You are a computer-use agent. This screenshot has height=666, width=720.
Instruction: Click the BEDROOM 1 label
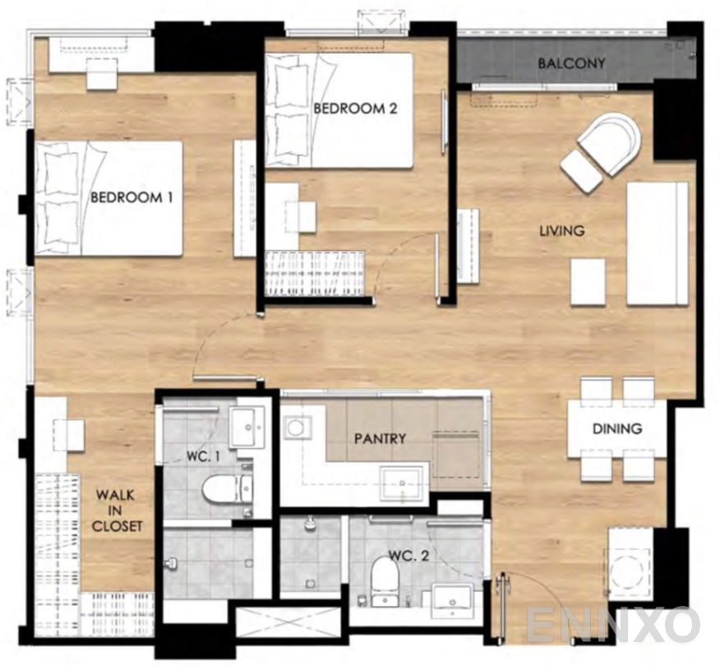(132, 197)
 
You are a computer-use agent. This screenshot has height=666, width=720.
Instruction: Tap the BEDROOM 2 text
(355, 109)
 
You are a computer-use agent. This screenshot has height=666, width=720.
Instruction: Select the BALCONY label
(571, 63)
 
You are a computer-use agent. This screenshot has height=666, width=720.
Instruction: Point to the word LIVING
(561, 230)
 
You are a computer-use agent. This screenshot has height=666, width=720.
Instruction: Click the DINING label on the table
(617, 428)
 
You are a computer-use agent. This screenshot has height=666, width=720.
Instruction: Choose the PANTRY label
(380, 438)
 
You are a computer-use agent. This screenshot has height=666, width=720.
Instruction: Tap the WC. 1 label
(203, 456)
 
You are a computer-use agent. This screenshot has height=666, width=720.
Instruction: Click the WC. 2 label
(408, 556)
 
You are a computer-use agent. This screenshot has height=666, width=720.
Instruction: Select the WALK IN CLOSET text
(117, 511)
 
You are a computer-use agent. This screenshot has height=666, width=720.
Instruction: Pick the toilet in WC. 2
(385, 580)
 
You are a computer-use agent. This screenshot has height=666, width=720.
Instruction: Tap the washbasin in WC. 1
(247, 427)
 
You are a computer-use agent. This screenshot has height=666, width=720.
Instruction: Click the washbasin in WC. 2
(452, 601)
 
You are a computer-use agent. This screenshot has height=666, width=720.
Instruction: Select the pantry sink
(403, 483)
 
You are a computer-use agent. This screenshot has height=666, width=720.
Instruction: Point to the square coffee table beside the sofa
(588, 281)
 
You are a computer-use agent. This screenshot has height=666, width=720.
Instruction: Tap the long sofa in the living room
(658, 243)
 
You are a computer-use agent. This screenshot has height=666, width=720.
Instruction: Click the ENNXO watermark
(613, 624)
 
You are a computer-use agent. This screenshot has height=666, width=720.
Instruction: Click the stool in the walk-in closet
(69, 434)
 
